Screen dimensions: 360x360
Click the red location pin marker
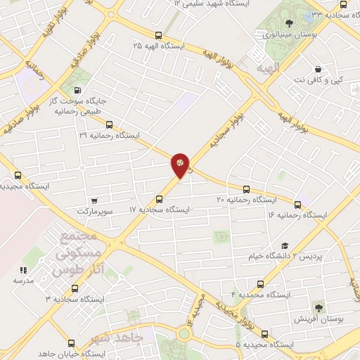180,163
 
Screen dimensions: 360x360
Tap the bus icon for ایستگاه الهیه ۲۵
157,34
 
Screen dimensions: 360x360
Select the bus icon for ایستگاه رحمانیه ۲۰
246,189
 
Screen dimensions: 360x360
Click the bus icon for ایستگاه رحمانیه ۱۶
297,205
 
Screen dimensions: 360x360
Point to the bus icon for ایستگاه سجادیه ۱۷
160,199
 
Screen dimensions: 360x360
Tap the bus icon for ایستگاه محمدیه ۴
261,285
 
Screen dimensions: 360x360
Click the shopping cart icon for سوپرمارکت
94,200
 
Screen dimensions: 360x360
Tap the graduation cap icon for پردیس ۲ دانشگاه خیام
284,245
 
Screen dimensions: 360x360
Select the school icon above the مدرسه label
23,269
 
